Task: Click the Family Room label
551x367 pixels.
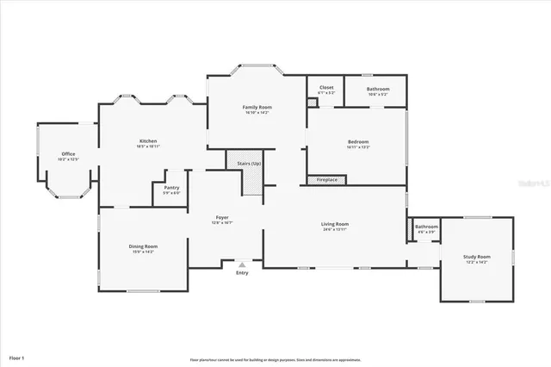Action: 257,107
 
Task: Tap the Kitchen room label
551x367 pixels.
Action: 148,140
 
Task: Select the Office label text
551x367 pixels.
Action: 68,154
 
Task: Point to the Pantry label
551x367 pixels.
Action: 172,187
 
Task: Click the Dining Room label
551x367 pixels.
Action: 143,246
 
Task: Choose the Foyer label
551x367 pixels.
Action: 222,217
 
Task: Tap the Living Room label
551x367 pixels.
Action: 335,224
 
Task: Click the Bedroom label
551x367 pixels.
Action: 358,142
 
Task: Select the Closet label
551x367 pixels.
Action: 326,87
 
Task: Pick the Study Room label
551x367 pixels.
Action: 476,257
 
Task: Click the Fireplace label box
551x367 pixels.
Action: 327,180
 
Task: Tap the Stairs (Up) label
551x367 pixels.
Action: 250,163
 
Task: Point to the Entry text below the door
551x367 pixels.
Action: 242,274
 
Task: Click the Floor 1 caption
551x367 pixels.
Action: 17,357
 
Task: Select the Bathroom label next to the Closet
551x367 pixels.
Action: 377,90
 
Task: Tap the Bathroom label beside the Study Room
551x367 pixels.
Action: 426,227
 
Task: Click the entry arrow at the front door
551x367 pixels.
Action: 242,265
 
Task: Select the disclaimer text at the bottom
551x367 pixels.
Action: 275,360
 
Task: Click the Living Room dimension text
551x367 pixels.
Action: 335,229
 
